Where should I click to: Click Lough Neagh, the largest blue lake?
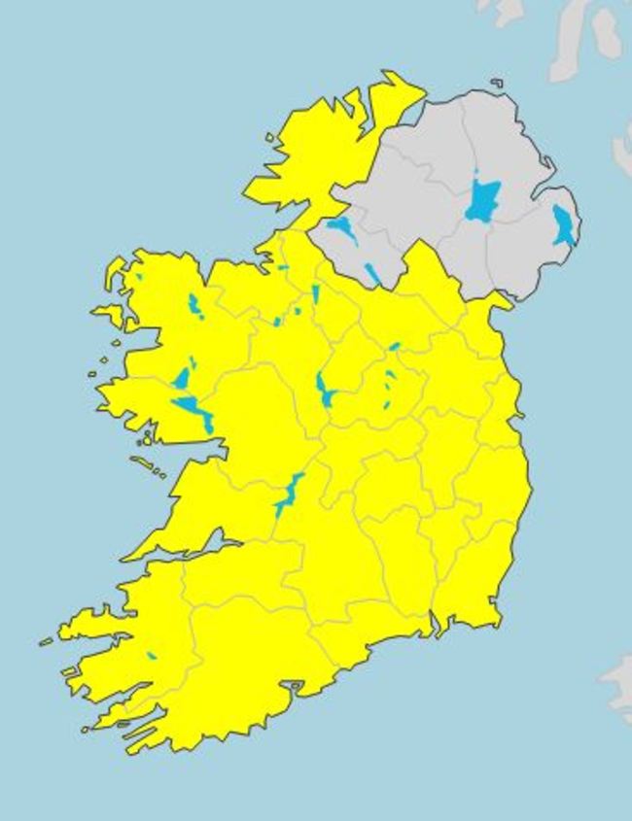(481, 200)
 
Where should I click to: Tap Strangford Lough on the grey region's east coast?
(562, 225)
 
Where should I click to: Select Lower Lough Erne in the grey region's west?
(341, 229)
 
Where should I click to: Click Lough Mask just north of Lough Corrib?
(182, 378)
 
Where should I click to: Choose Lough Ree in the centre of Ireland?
(324, 390)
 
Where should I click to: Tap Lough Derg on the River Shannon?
(288, 496)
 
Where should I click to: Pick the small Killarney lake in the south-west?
(152, 656)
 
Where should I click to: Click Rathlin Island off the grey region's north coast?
(497, 83)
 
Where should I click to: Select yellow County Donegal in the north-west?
(311, 155)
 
